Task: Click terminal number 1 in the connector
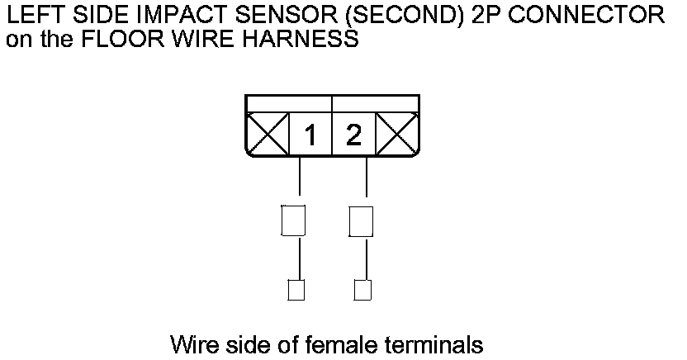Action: pos(310,135)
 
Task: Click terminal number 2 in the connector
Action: pos(353,135)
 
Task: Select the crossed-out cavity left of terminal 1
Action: pos(268,135)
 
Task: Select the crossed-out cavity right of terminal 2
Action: pos(396,135)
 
